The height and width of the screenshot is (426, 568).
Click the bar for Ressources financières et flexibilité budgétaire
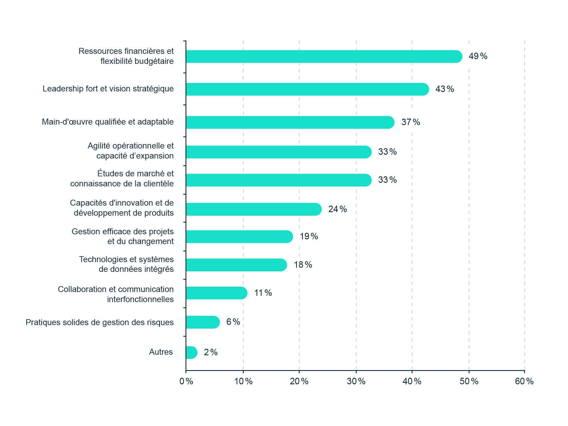point(324,57)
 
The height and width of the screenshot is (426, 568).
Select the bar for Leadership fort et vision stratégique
point(307,89)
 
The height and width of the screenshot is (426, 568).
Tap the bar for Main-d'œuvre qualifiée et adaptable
point(290,122)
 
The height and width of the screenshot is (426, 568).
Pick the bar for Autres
point(191,353)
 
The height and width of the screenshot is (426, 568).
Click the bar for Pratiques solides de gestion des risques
point(203,322)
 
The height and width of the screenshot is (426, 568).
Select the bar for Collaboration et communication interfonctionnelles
point(217,293)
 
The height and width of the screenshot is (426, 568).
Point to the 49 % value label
point(478,56)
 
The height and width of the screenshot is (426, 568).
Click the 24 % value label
point(337,209)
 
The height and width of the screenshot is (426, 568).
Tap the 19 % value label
point(309,236)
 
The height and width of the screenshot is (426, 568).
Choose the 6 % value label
point(233,322)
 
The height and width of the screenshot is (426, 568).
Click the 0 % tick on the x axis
point(186,381)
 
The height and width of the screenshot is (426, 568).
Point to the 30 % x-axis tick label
point(356,381)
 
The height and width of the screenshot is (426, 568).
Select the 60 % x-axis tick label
point(524,381)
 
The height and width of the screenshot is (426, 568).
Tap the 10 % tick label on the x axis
point(243,381)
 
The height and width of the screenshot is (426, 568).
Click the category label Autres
point(161,352)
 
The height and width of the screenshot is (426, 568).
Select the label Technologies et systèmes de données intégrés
point(126,264)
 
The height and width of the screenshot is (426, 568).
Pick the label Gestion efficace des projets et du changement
point(123,236)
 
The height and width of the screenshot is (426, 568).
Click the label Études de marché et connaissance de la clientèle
point(122,179)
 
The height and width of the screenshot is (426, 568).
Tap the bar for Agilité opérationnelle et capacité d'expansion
point(279,152)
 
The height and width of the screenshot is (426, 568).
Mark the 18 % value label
point(303,265)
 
